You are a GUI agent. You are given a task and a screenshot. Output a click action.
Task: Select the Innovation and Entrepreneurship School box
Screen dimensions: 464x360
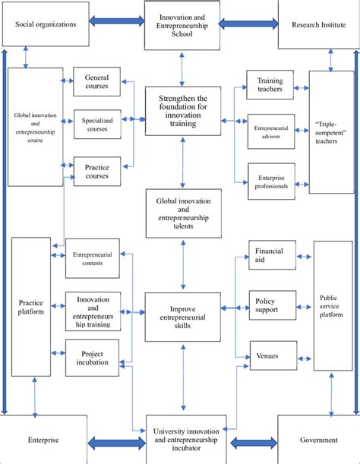coord(182,24)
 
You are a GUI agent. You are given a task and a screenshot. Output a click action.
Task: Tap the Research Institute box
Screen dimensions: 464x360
coord(318,24)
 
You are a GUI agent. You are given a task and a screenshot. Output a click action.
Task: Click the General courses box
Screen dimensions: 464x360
coord(96,82)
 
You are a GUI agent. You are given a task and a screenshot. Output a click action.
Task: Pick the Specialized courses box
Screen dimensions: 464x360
coord(96,125)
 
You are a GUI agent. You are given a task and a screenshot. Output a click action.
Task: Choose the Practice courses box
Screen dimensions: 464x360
coord(96,171)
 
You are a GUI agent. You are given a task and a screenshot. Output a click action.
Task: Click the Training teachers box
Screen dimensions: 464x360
coord(270,84)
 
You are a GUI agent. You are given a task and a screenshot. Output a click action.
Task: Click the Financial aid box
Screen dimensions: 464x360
coord(270,254)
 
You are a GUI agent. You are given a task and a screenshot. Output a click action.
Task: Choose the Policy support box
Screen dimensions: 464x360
coord(270,305)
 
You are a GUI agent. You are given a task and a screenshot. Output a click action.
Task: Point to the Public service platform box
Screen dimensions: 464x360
coord(333,305)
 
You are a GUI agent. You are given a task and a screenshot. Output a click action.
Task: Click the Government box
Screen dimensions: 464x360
coord(318,440)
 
